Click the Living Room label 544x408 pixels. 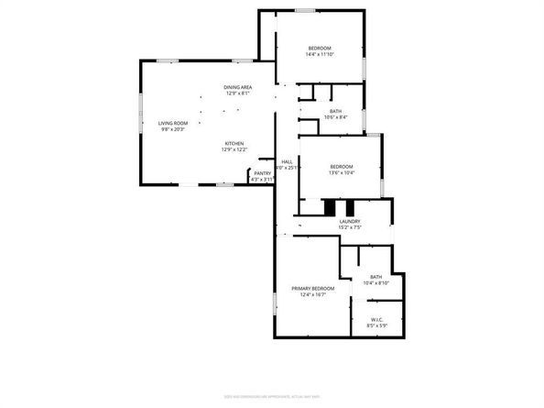click(x=172, y=123)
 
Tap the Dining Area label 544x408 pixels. click(x=237, y=86)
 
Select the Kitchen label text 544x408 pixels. click(x=234, y=144)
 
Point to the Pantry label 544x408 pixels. click(x=262, y=172)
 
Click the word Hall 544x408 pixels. click(x=287, y=161)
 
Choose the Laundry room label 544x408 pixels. click(x=349, y=221)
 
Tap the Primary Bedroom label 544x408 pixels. click(x=313, y=289)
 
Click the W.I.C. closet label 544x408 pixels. click(x=376, y=320)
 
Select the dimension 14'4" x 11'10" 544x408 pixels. click(x=319, y=54)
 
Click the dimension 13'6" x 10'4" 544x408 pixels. click(x=341, y=172)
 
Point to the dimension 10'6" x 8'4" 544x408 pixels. click(x=336, y=117)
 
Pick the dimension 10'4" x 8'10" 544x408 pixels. click(x=376, y=283)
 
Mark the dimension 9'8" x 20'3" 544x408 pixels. click(x=172, y=129)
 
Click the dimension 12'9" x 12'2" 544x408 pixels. click(x=234, y=150)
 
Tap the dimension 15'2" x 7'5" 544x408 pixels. click(x=349, y=227)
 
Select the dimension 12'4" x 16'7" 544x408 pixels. click(x=313, y=295)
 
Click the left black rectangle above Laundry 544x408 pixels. click(x=331, y=207)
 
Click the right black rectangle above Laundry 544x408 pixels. click(x=349, y=207)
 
